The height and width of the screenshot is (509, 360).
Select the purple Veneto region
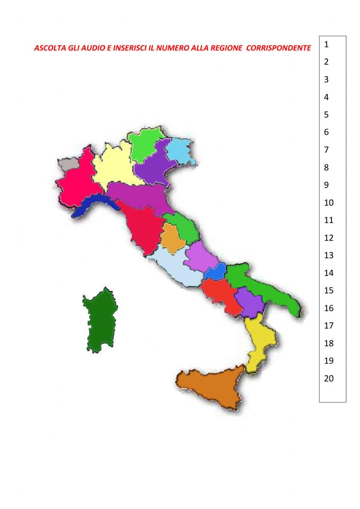pos(151,168)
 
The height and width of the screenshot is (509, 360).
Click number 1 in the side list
pos(326,45)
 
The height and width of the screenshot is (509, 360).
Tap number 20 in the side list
pos(329,378)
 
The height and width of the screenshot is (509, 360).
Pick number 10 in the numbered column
pos(329,202)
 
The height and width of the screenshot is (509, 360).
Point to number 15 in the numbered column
pos(329,290)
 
